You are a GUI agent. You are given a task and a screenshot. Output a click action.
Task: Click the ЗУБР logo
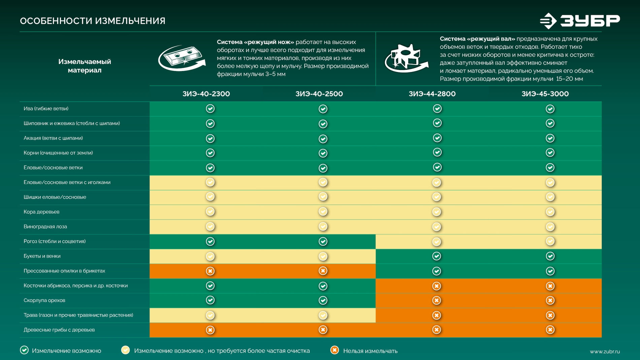[x=580, y=21]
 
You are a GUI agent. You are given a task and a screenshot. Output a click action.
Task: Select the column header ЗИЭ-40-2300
[x=206, y=94]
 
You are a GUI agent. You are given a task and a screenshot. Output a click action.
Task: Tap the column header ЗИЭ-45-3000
[x=545, y=94]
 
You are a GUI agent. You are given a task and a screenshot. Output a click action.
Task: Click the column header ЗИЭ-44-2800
[x=432, y=94]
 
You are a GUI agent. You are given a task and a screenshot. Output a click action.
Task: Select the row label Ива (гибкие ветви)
[x=46, y=108]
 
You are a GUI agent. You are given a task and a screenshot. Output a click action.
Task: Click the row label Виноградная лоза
[x=45, y=227]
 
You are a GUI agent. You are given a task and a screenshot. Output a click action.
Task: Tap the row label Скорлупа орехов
[x=44, y=300]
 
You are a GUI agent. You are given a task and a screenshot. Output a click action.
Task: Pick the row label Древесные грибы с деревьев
[x=59, y=330]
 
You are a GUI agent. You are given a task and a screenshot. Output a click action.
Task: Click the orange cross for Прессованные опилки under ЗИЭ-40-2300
[x=210, y=271]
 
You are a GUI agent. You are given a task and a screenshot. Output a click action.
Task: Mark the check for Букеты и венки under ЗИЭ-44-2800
[x=437, y=256]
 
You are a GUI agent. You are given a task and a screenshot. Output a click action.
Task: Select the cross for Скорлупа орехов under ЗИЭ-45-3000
[x=550, y=300]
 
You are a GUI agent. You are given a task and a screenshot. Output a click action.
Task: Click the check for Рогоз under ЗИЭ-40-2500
[x=323, y=241]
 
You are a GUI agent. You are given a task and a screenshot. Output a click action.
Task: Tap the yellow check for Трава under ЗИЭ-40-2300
[x=210, y=315]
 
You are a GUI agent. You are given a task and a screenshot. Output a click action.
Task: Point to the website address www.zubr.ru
[x=605, y=352]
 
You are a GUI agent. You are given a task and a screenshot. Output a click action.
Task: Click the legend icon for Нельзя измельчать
[x=334, y=350]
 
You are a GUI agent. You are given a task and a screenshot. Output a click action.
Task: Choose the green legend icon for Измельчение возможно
[x=24, y=350]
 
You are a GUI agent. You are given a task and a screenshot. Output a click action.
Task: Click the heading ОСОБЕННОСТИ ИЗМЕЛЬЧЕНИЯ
[x=93, y=21]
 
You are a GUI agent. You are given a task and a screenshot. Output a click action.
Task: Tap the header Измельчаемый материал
[x=85, y=66]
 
